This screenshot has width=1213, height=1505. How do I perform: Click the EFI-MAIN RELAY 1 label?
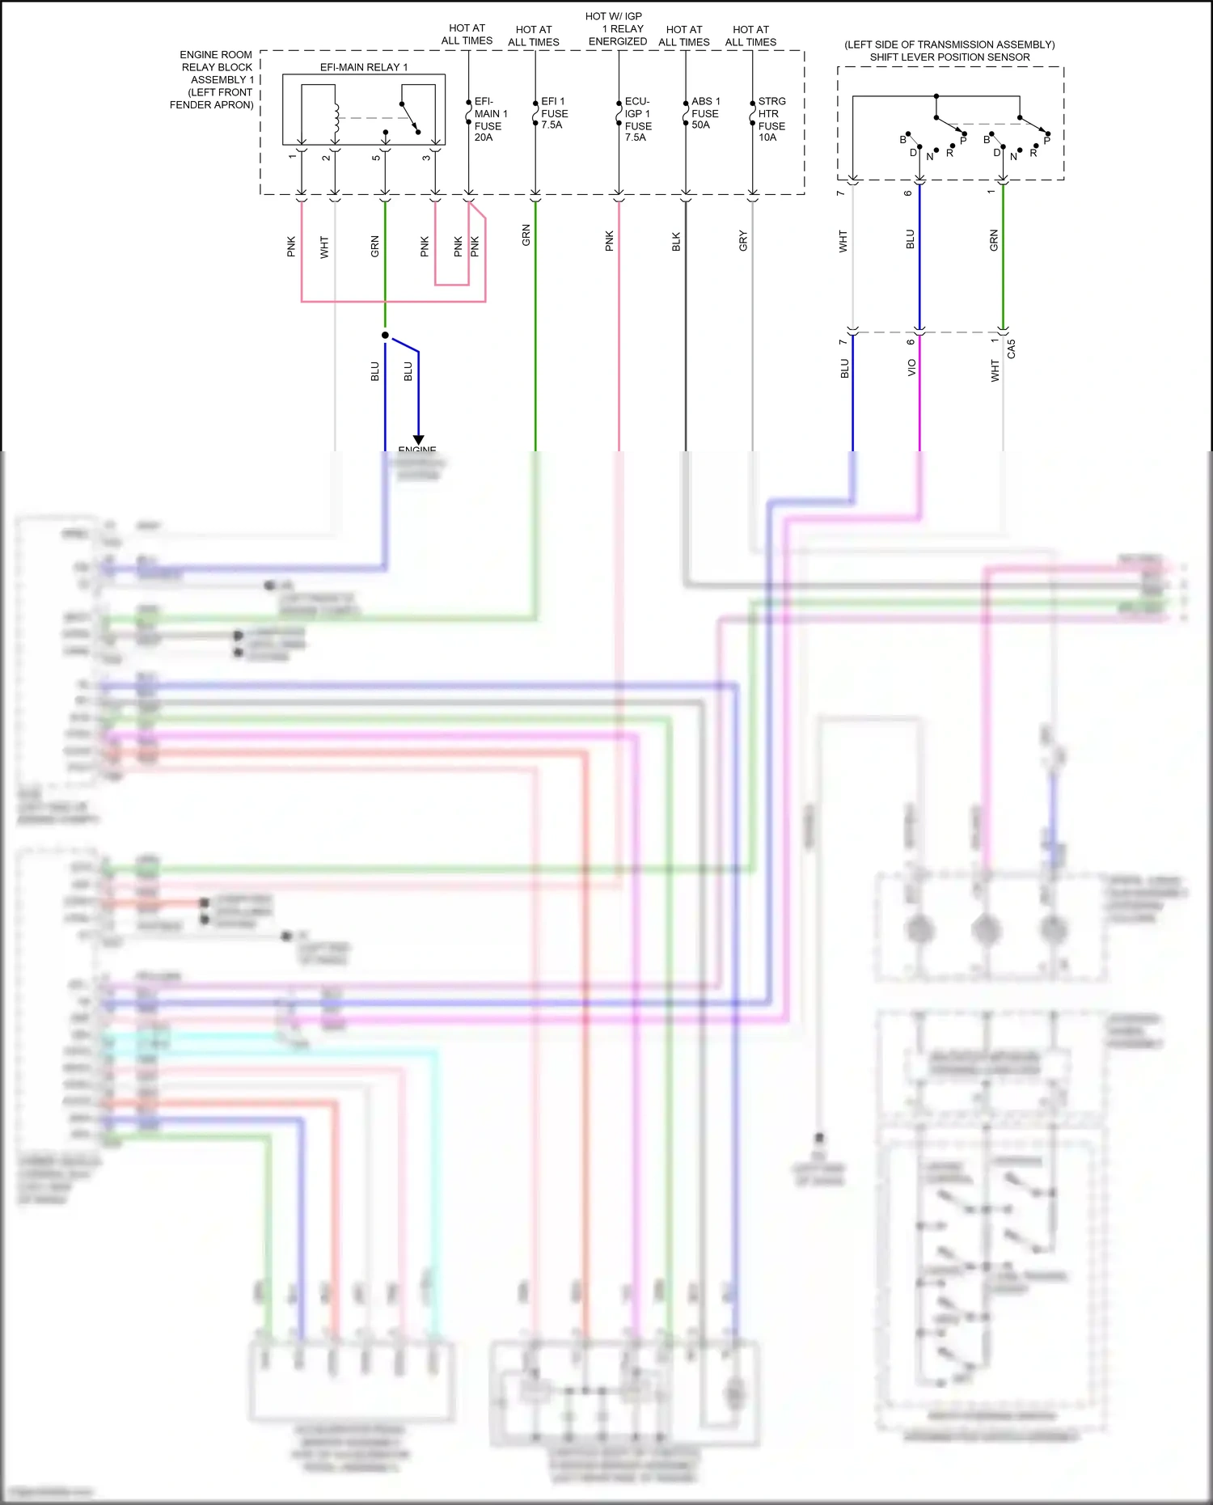[x=364, y=67]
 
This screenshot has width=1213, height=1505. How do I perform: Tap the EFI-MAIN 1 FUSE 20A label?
[x=490, y=120]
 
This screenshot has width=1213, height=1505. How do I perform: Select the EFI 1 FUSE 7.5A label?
[x=554, y=113]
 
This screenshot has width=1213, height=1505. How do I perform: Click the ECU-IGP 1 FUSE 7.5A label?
[x=637, y=120]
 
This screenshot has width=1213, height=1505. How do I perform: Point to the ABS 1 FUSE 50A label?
[x=705, y=113]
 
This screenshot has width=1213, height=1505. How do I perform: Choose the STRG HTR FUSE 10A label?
[x=771, y=120]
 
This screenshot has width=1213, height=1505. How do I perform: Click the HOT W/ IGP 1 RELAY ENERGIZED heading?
[x=616, y=28]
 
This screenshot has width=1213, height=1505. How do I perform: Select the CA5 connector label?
[x=1012, y=349]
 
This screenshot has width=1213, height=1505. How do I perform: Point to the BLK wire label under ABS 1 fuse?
[x=676, y=241]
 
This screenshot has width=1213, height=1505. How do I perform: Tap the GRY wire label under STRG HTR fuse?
[x=743, y=241]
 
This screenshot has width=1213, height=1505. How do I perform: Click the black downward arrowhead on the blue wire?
[x=419, y=441]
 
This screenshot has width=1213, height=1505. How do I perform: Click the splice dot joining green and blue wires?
[x=385, y=335]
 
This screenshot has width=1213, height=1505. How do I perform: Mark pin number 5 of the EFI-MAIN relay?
[x=376, y=158]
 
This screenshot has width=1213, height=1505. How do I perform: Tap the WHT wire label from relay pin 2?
[x=324, y=247]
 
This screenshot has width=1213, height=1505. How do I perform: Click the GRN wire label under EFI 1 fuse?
[x=526, y=235]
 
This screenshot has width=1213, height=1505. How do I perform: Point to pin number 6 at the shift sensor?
[x=908, y=192]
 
